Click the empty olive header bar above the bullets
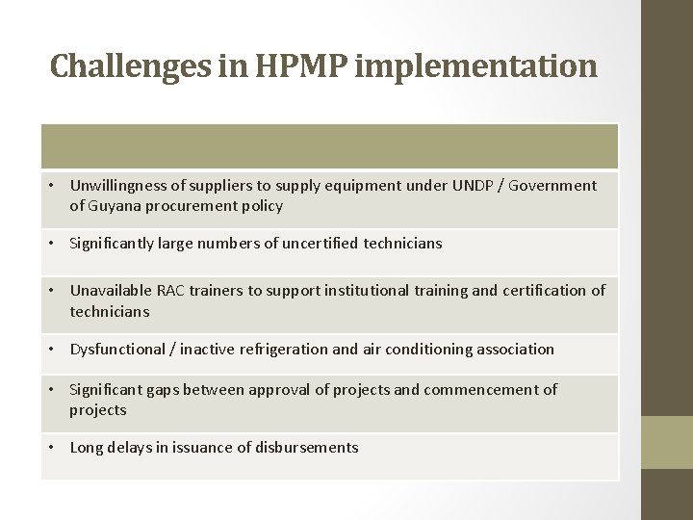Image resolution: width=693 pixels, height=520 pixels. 329,146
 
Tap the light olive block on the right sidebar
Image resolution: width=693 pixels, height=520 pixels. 667,442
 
